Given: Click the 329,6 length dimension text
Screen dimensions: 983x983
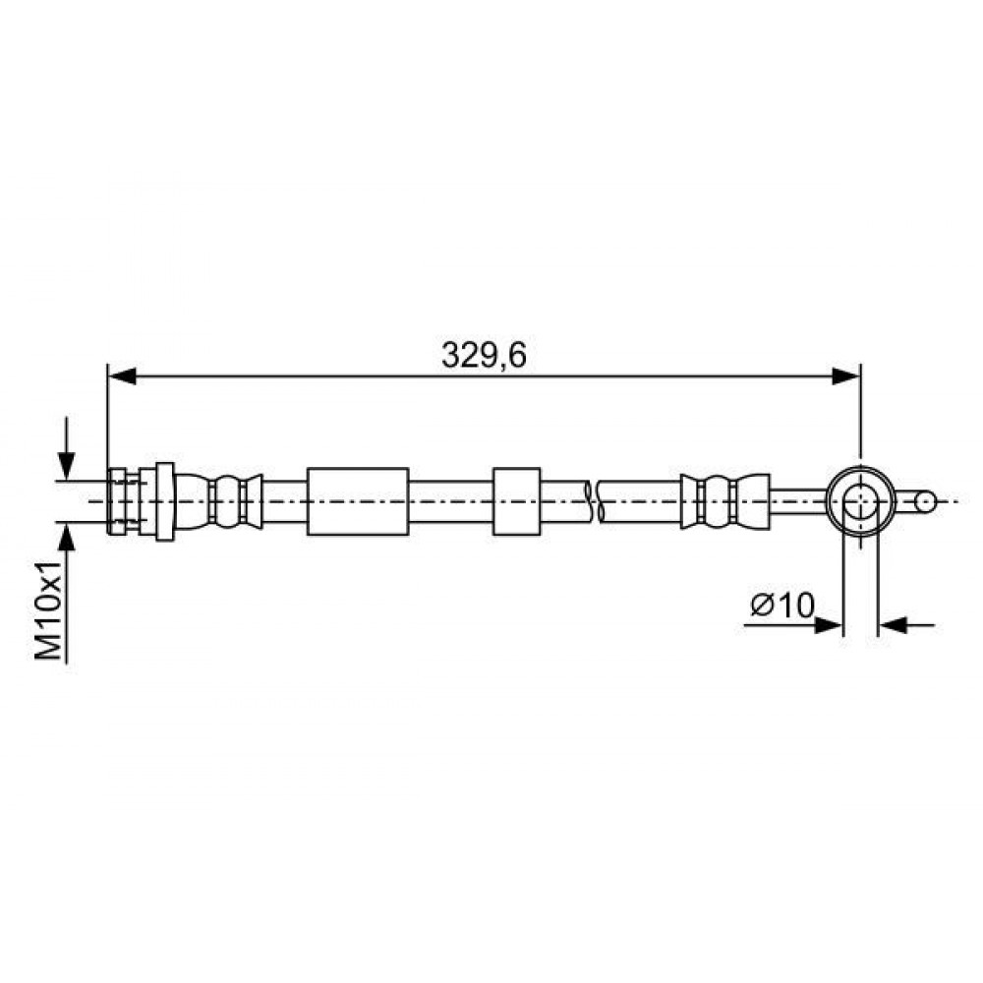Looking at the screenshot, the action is click(x=484, y=355).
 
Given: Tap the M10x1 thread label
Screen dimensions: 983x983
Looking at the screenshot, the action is click(x=48, y=610).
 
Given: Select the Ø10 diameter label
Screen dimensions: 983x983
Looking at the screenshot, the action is click(x=782, y=605).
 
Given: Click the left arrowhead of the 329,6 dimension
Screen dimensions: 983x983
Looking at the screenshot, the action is click(x=122, y=376).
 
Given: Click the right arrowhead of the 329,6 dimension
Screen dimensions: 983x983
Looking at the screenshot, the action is click(x=845, y=376).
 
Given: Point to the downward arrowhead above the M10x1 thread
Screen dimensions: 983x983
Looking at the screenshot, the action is click(x=66, y=466).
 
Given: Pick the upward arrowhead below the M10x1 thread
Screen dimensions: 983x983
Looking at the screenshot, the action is click(x=66, y=536).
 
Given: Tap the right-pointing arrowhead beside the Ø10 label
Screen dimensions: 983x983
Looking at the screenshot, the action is click(x=828, y=625).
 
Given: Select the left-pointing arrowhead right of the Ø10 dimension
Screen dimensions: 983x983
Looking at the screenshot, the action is click(x=893, y=625).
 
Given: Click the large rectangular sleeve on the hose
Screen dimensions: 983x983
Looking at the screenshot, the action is click(x=358, y=501).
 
